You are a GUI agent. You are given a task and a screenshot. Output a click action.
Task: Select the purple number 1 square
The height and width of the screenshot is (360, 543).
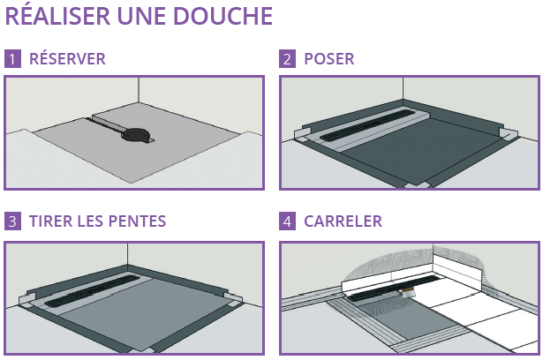pos(12,58)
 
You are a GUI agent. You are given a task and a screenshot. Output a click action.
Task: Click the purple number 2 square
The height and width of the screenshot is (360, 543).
pos(288,58)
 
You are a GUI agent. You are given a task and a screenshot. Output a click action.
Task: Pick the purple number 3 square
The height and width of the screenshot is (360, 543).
pos(12,221)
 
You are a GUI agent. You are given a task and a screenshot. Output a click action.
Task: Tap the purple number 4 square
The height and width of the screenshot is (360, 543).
pos(288,221)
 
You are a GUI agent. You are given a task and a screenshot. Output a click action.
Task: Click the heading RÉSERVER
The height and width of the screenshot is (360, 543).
pos(67,58)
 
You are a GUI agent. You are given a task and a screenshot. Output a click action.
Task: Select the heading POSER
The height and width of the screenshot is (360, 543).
pos(329,59)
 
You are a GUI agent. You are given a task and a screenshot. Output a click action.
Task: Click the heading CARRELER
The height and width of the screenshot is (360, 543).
pos(343,221)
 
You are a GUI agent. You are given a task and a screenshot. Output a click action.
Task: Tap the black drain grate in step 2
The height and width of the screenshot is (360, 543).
pos(366,124)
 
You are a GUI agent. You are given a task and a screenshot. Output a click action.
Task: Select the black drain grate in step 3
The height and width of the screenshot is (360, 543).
pos(93,291)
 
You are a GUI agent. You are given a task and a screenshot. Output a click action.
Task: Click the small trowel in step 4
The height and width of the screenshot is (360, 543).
pos(408,293)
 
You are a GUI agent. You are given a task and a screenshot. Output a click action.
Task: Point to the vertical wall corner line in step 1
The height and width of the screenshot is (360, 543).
pos(139,90)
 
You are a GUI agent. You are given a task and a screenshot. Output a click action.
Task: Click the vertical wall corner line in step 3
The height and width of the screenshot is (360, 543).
pos(127,254)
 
